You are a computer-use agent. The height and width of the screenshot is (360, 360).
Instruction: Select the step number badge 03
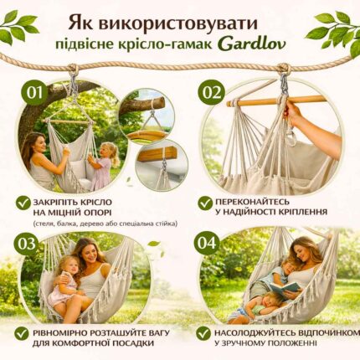[27, 243]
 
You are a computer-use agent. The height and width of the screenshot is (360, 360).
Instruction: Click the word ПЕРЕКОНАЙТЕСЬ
[262, 201]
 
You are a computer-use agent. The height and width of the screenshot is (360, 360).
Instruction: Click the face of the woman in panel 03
[90, 252]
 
